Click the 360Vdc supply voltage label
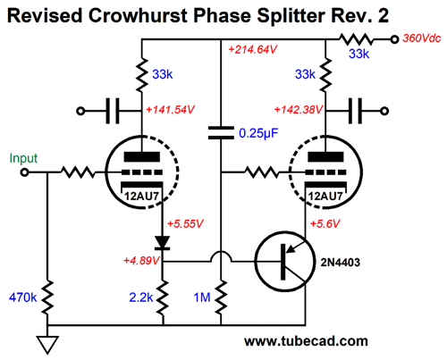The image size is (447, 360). (x=421, y=38)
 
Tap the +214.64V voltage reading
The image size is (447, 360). (x=253, y=49)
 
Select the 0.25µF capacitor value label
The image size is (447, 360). (x=258, y=134)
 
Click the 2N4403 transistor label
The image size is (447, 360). (x=340, y=263)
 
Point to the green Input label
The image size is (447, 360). (x=23, y=158)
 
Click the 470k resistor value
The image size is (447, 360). (x=22, y=297)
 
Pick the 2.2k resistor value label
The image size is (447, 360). (x=141, y=297)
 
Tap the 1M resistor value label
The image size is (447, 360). (x=202, y=297)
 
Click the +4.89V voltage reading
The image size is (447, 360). (x=141, y=261)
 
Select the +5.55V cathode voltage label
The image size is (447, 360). (x=185, y=223)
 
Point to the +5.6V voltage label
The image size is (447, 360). (x=325, y=223)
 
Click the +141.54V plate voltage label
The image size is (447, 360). (x=170, y=110)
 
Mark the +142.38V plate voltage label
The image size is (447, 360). (x=298, y=110)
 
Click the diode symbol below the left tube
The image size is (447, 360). (x=163, y=243)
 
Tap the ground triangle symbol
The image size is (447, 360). (x=47, y=345)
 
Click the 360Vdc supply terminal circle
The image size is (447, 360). (x=394, y=39)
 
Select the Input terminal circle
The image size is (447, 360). (x=24, y=172)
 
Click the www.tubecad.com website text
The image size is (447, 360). (x=306, y=341)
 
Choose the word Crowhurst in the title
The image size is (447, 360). (x=138, y=15)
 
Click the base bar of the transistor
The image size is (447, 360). (x=283, y=262)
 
